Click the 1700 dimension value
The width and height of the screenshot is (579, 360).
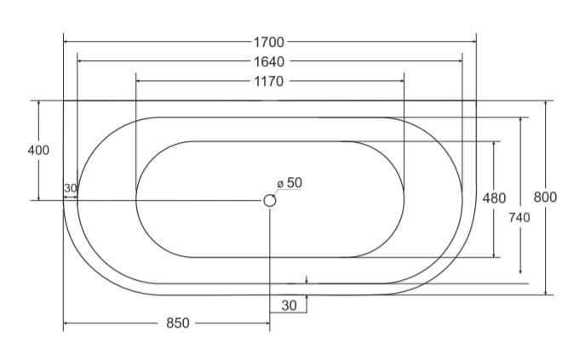tap(269, 42)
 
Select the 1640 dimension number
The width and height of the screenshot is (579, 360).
tap(269, 61)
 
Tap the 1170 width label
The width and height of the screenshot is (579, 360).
tap(269, 81)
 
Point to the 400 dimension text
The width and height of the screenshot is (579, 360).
tap(38, 151)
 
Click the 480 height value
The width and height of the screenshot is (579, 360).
tap(494, 198)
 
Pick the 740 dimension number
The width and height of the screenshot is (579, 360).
tap(519, 218)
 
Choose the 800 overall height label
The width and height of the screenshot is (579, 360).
tap(545, 197)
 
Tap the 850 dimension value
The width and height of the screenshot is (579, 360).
tap(178, 323)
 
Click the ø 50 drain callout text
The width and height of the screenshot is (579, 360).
tap(289, 182)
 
